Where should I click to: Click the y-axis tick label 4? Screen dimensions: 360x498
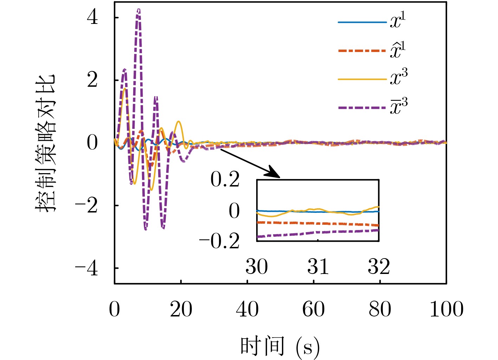tap(92, 18)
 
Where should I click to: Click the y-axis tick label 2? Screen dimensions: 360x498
tap(92, 80)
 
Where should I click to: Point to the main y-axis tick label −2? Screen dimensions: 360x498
tap(86, 206)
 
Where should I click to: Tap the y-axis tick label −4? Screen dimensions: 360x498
tap(86, 269)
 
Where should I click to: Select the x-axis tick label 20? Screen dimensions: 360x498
tap(181, 309)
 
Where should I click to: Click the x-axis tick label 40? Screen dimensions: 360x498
tap(247, 309)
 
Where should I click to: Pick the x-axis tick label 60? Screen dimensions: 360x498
tap(313, 309)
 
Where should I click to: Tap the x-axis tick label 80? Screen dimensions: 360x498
tap(380, 309)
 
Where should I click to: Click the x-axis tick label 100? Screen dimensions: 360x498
tap(446, 309)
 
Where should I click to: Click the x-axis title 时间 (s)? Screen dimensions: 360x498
tap(280, 346)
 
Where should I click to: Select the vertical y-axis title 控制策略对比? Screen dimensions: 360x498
tap(46, 143)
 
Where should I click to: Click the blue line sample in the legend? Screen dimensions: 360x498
tap(362, 22)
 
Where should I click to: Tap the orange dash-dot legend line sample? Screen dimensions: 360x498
tap(362, 51)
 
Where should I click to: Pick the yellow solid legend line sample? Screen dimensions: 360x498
tap(362, 79)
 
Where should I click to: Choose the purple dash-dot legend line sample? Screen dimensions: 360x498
tap(362, 107)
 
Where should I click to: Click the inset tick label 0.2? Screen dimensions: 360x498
tap(225, 180)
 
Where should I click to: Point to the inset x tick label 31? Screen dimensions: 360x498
tap(318, 267)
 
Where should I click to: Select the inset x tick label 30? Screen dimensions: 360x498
tap(257, 267)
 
